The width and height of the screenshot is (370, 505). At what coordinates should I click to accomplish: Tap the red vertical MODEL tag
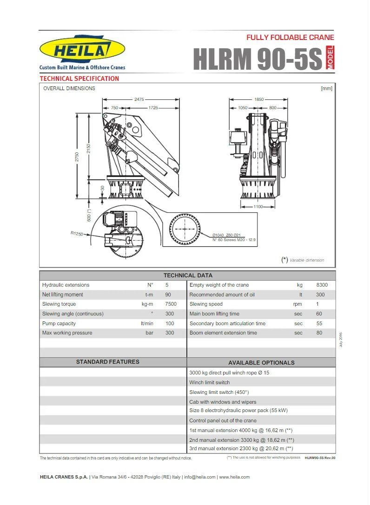coord(330,59)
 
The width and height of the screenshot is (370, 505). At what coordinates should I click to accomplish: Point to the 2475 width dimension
coord(139,99)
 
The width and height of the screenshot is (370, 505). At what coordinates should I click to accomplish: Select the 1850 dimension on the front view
coord(259,99)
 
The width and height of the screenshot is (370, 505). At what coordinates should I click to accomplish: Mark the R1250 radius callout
coord(77,234)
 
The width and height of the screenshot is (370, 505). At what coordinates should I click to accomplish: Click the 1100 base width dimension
coord(258,206)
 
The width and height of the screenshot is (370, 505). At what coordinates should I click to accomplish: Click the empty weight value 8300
coord(322,285)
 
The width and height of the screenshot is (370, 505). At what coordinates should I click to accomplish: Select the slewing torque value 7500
coord(171,304)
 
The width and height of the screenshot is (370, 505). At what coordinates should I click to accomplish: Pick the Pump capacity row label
coord(59,323)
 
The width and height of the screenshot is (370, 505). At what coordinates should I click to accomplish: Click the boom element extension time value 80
coord(319,333)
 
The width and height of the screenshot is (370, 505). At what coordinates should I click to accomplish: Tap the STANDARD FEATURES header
coord(107,362)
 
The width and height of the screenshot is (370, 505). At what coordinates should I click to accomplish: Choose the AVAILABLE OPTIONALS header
coord(261,362)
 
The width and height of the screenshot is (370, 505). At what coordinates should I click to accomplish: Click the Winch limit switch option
coord(209,382)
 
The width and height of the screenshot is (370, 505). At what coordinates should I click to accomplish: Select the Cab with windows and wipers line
coord(223,402)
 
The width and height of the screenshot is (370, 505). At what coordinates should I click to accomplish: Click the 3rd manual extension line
coord(241,448)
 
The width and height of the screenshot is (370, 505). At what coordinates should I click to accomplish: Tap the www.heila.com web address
coord(234,477)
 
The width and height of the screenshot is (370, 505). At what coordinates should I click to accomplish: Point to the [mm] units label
coord(326,88)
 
